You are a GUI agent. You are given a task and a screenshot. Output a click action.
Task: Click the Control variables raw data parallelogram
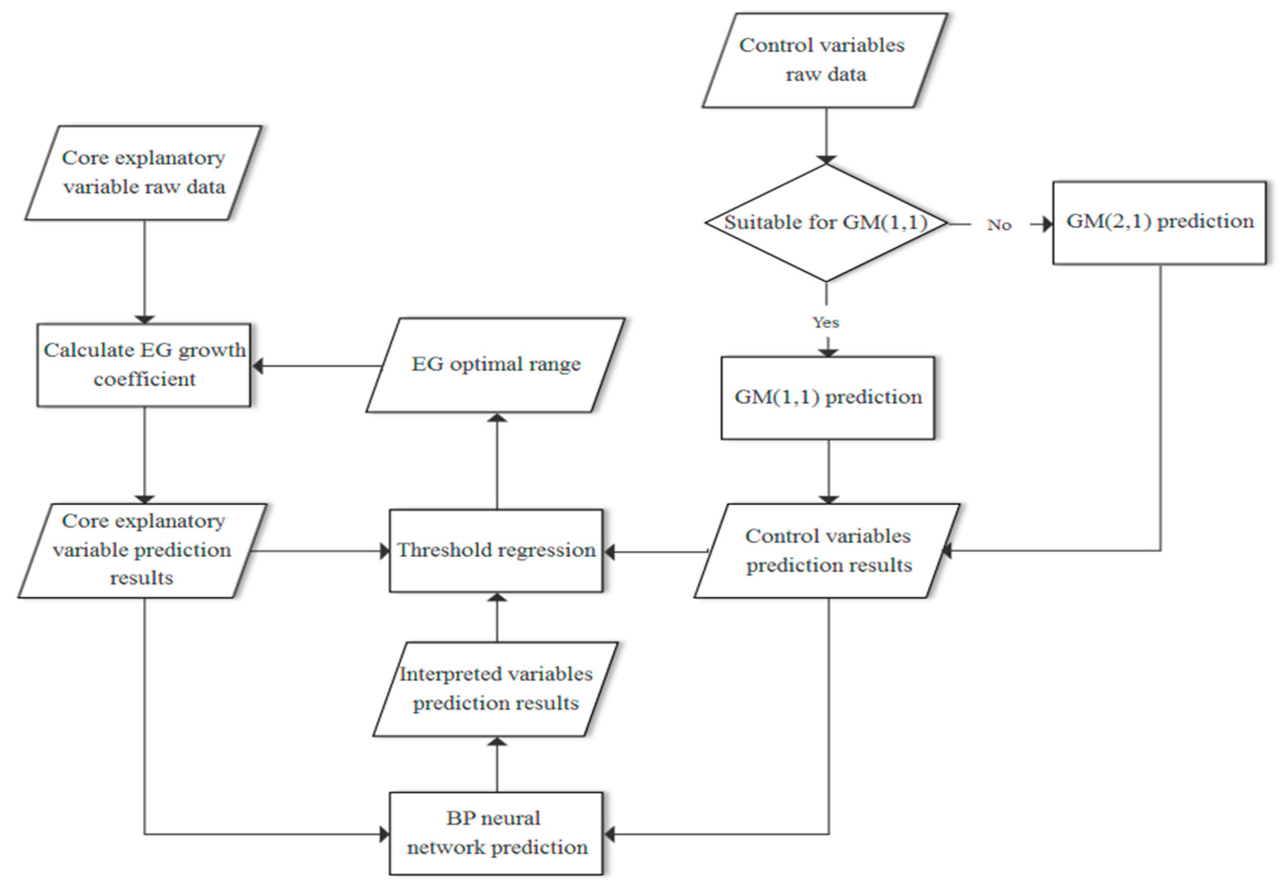pyautogui.click(x=825, y=60)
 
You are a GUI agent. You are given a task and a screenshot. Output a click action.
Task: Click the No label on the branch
pyautogui.click(x=999, y=225)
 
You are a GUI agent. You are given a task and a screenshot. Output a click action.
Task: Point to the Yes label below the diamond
pyautogui.click(x=825, y=322)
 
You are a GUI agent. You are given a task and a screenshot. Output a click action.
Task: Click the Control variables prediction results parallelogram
pyautogui.click(x=828, y=551)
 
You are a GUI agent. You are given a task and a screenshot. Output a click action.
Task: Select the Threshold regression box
pyautogui.click(x=496, y=550)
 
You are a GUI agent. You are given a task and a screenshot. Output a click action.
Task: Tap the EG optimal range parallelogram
pyautogui.click(x=496, y=365)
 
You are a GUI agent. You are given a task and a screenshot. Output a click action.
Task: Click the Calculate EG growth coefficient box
pyautogui.click(x=144, y=365)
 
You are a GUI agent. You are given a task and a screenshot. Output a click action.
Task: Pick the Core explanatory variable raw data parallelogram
pyautogui.click(x=143, y=173)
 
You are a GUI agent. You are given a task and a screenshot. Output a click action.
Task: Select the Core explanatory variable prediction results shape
pyautogui.click(x=143, y=550)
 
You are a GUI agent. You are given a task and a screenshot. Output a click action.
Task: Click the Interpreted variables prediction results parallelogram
pyautogui.click(x=495, y=689)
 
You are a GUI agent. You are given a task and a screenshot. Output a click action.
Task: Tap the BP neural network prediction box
pyautogui.click(x=496, y=833)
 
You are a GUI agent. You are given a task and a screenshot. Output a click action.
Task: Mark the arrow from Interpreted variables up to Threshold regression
pyautogui.click(x=497, y=617)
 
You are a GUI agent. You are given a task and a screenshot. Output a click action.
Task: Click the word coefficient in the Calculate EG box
pyautogui.click(x=145, y=380)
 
